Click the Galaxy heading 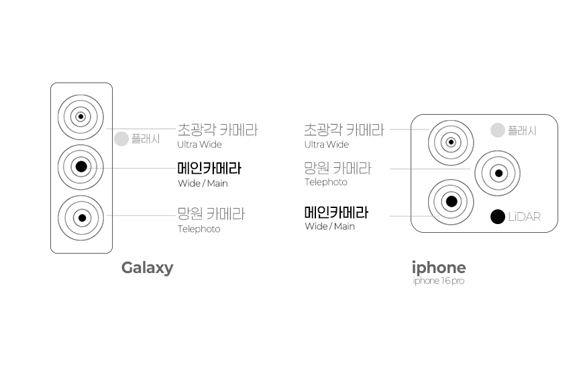coord(147,268)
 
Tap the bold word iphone coord(438,268)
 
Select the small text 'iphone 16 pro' coord(438,281)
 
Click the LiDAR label coord(524,217)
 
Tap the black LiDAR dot coord(497,217)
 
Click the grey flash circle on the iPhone coord(497,130)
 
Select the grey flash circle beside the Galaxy coord(121,139)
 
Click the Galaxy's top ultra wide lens coord(81,117)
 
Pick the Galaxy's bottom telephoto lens coord(81,217)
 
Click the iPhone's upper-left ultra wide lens coord(451,142)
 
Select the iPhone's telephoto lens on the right coord(498,173)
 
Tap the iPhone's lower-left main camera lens coord(451,201)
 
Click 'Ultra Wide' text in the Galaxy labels coord(199,144)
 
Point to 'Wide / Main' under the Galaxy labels coord(203,183)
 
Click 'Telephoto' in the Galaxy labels coord(199,229)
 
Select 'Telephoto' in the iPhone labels coord(326,182)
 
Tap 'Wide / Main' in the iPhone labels coord(329,226)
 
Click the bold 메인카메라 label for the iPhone coord(336,213)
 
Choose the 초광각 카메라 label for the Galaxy coord(217,129)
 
